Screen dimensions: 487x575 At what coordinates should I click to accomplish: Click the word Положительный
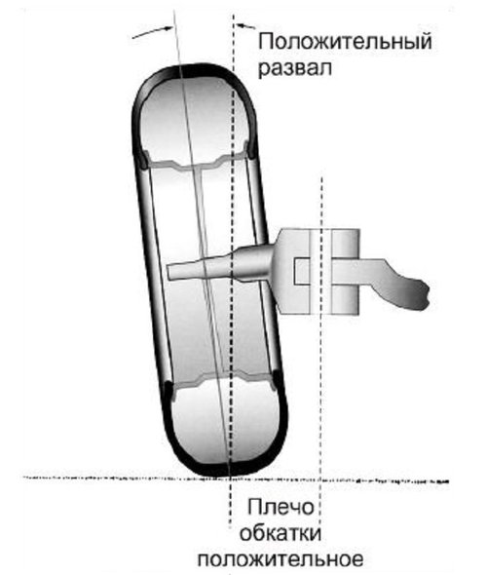[345, 42]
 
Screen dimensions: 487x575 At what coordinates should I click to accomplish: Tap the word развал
[295, 68]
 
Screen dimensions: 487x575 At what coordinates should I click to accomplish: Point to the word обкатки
[281, 533]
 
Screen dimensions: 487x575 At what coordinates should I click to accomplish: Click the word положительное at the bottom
[281, 559]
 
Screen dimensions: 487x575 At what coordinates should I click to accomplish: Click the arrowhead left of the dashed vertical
[168, 28]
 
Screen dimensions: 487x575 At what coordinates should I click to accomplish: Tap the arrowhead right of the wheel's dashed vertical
[242, 25]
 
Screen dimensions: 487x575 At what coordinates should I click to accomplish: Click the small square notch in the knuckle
[301, 271]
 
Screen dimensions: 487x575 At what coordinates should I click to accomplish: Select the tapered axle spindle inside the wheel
[220, 266]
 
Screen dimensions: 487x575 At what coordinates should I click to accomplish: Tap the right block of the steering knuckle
[345, 271]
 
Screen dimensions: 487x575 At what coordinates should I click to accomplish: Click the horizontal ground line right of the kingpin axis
[385, 480]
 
